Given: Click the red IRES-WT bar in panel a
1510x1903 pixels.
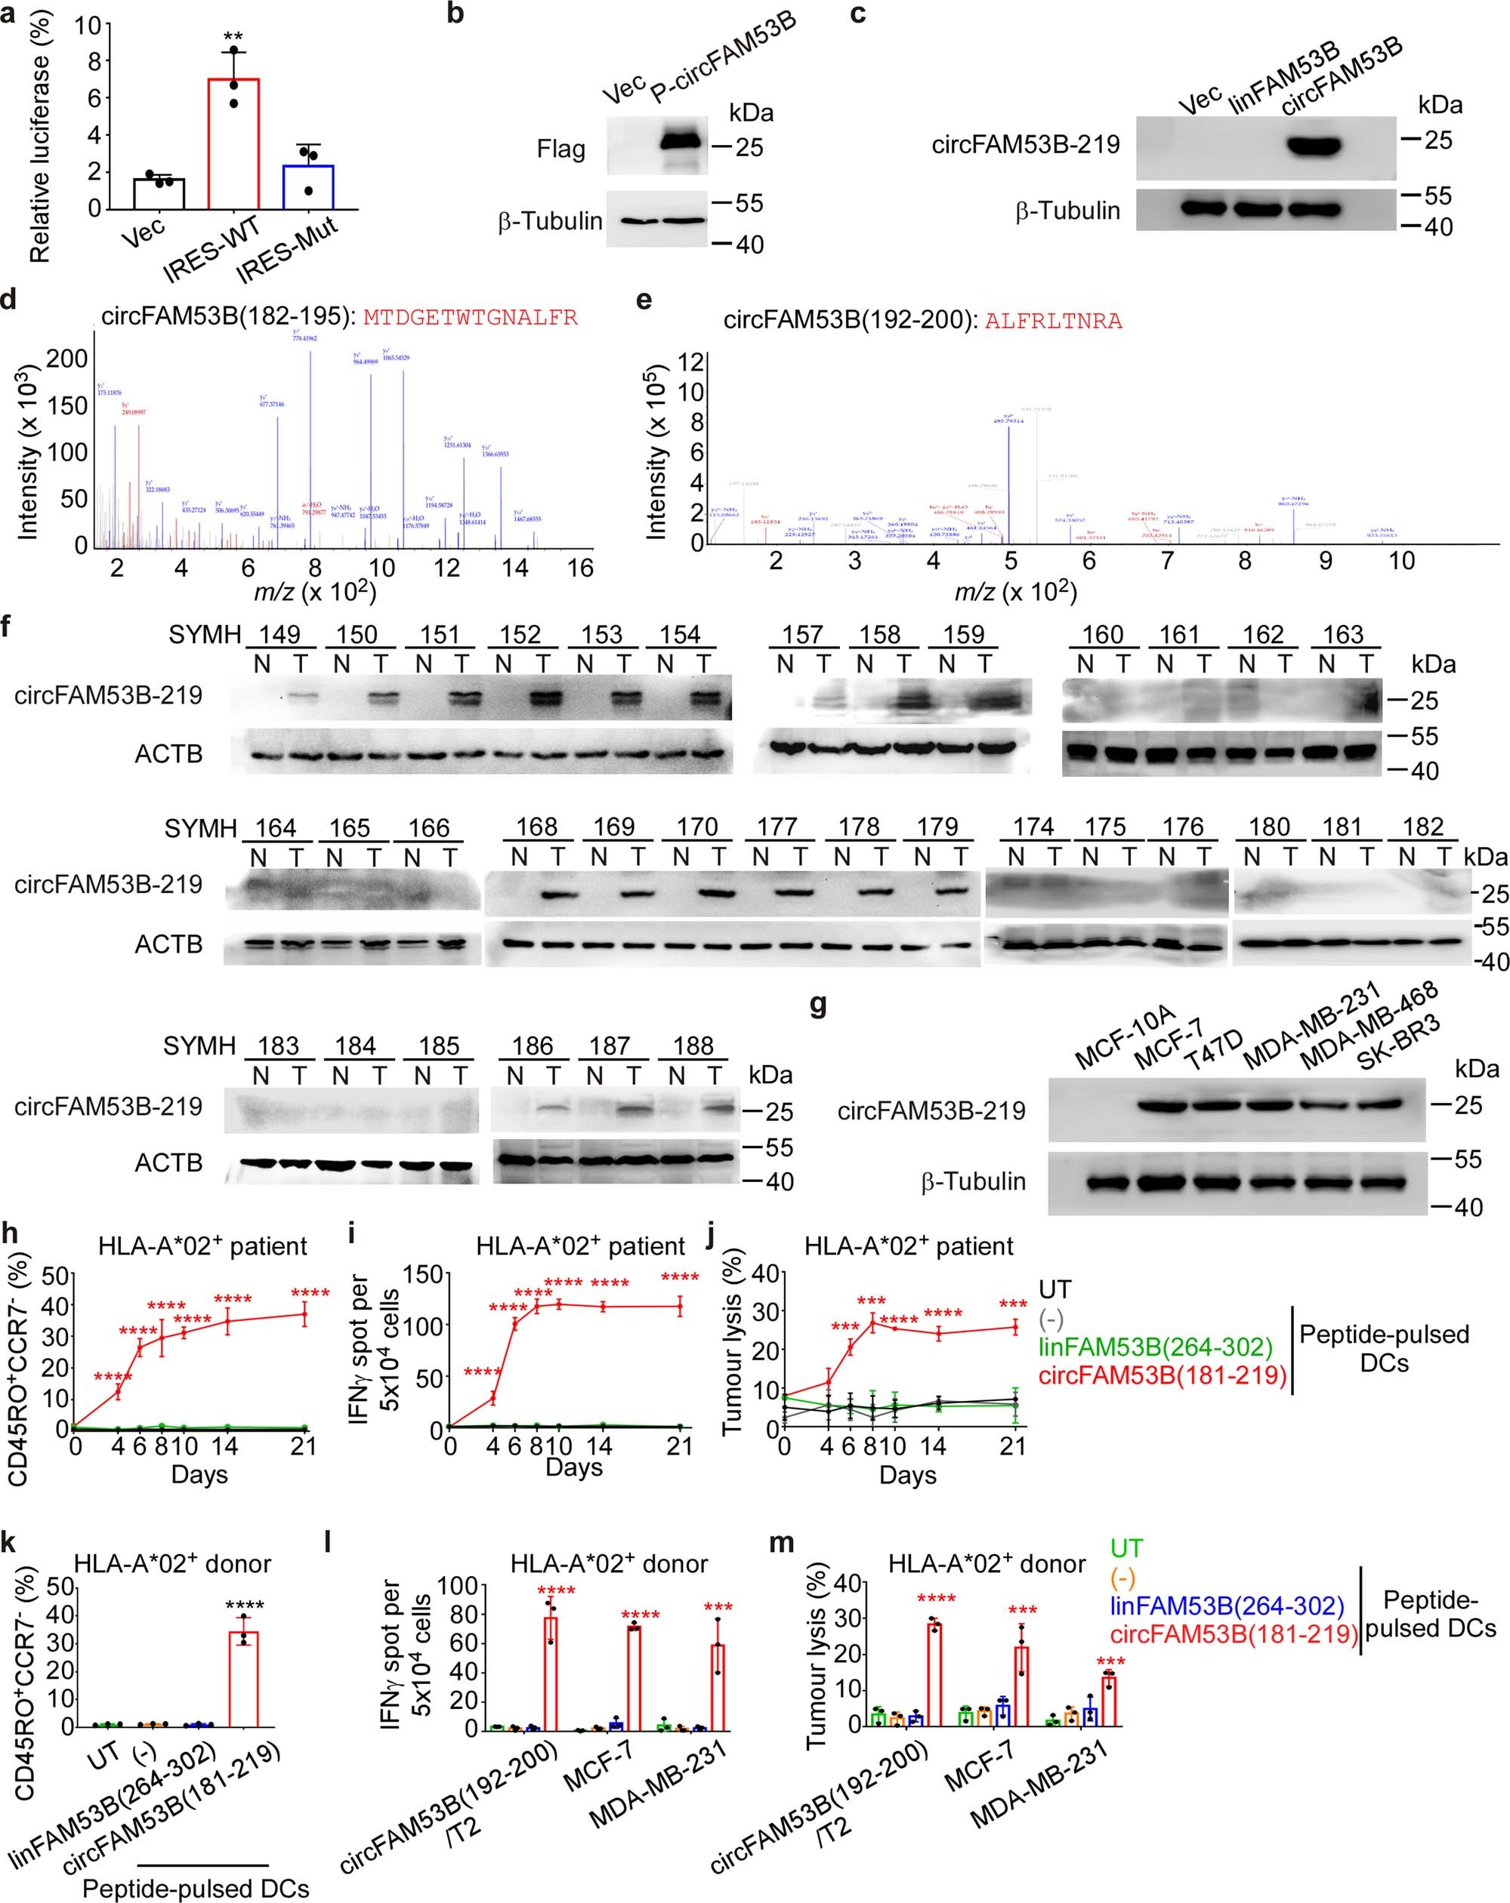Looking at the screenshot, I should click(x=234, y=143).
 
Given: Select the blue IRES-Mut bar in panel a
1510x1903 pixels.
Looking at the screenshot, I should click(x=307, y=186).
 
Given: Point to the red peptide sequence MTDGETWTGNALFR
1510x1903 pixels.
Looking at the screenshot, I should click(x=471, y=318).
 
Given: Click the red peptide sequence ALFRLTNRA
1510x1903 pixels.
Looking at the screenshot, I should click(x=1054, y=322).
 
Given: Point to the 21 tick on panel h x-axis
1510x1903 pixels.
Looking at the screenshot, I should click(x=303, y=1446).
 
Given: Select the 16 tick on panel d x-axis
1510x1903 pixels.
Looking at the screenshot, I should click(x=579, y=568).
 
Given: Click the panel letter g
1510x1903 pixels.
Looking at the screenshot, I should click(x=819, y=1005).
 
